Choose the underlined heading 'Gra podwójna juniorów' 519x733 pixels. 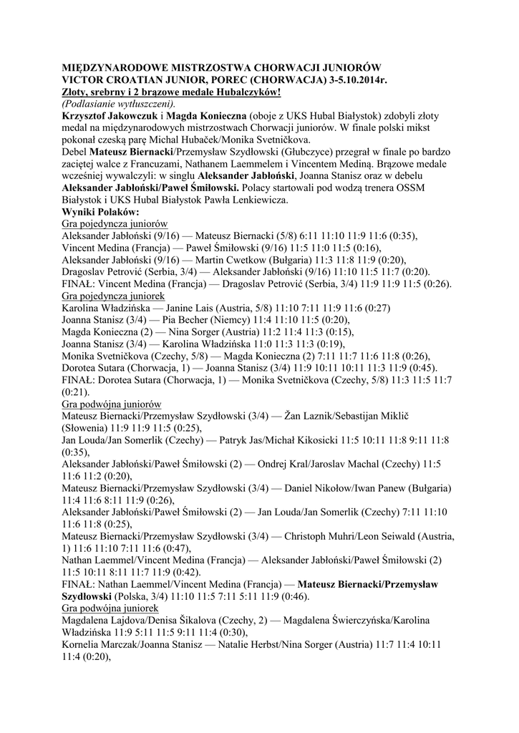(112, 404)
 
